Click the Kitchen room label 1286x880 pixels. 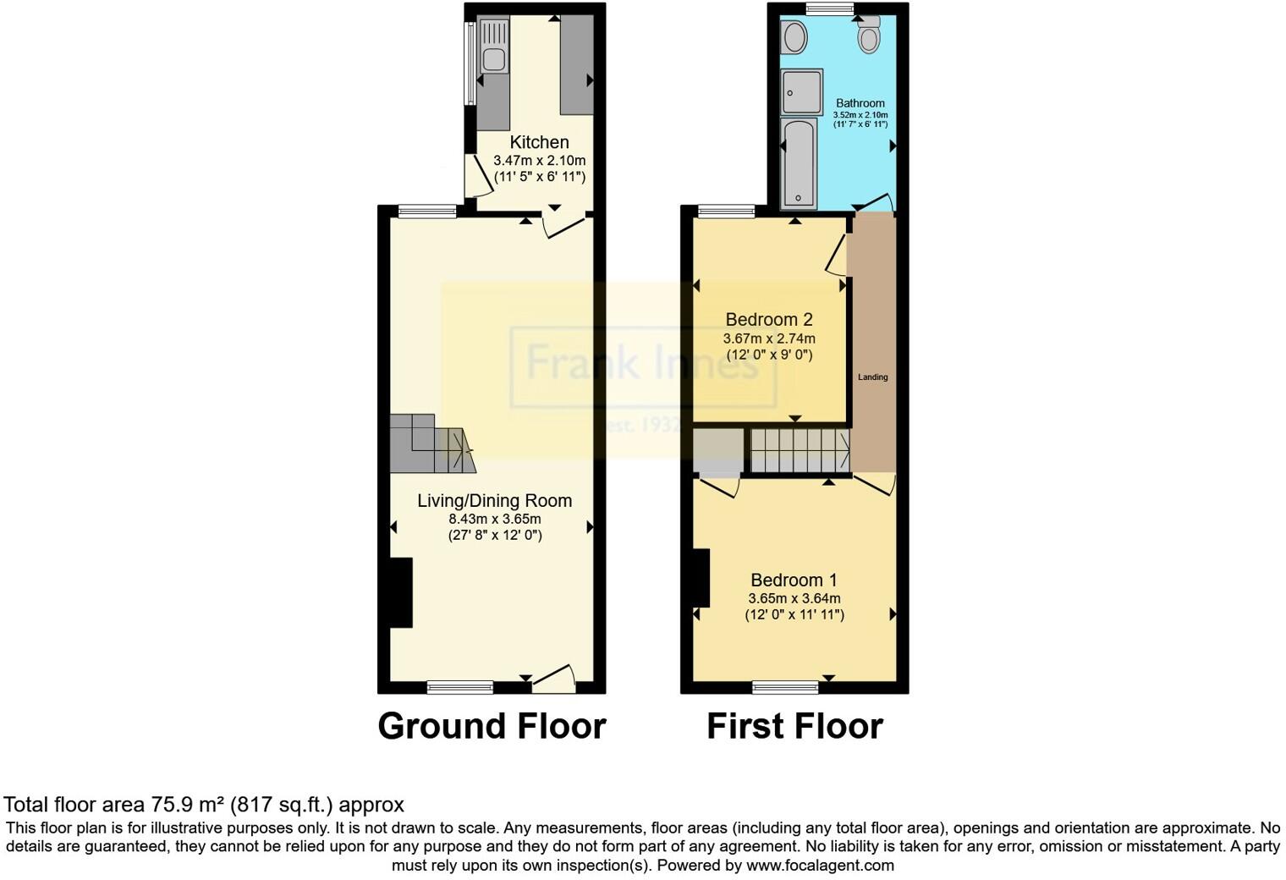539,142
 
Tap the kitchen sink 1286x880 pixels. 492,59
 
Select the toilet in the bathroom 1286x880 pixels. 869,36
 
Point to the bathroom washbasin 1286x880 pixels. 794,36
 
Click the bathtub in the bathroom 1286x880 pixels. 798,162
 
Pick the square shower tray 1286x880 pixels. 801,91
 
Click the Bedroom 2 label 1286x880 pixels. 769,320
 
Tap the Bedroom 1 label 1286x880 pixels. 794,580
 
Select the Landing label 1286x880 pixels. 873,377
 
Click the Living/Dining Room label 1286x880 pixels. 494,501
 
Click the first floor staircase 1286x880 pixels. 800,450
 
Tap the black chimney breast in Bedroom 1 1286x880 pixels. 701,578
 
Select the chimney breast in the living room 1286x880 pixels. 400,592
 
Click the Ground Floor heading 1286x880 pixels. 492,726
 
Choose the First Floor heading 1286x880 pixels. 794,726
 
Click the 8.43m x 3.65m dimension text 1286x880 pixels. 495,519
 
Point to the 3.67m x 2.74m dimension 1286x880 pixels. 769,338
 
